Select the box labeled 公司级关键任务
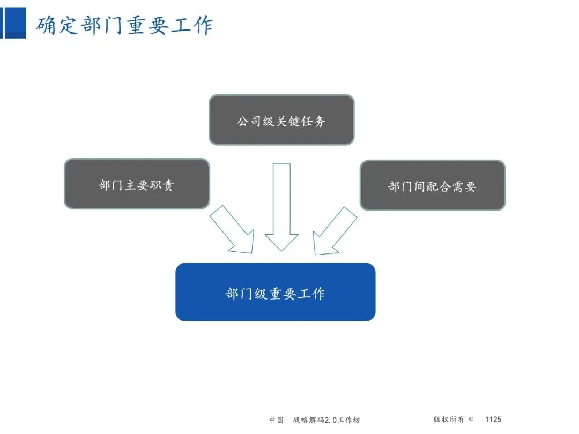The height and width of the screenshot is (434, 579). click(x=281, y=120)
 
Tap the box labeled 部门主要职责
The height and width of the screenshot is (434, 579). click(x=137, y=184)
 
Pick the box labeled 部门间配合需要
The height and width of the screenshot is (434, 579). click(x=432, y=185)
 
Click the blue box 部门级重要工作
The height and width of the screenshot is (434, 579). click(x=275, y=292)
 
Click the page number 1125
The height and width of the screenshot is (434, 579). click(x=493, y=420)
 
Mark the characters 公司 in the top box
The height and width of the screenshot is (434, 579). click(x=244, y=121)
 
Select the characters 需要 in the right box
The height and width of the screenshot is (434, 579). click(x=464, y=186)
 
